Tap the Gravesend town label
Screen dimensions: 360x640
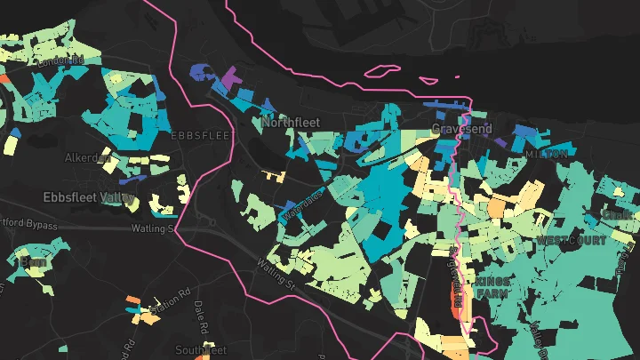click(461, 129)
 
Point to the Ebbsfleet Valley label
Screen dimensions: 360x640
click(89, 196)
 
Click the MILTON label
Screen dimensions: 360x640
click(546, 154)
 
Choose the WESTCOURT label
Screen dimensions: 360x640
click(572, 240)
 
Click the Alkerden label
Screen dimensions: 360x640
click(86, 157)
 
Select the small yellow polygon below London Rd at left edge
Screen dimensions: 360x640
click(12, 143)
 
